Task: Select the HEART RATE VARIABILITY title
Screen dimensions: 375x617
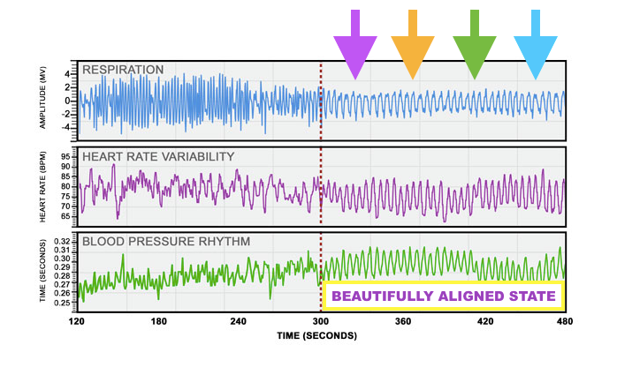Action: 157,156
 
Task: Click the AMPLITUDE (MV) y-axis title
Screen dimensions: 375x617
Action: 42,99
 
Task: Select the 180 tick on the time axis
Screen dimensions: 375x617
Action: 158,323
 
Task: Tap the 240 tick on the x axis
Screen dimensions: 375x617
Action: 240,323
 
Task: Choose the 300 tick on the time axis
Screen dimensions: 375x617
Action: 321,323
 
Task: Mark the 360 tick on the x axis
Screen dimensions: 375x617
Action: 403,323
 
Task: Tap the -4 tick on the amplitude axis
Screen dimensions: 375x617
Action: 66,127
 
